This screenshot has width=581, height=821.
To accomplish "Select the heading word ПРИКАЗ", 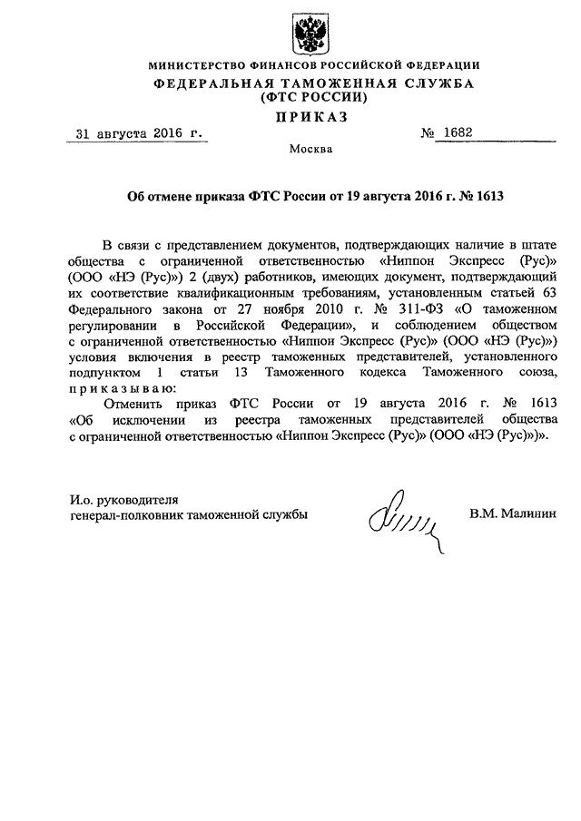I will pos(312,117).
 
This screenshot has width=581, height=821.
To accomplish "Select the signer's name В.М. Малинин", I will pos(512,514).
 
